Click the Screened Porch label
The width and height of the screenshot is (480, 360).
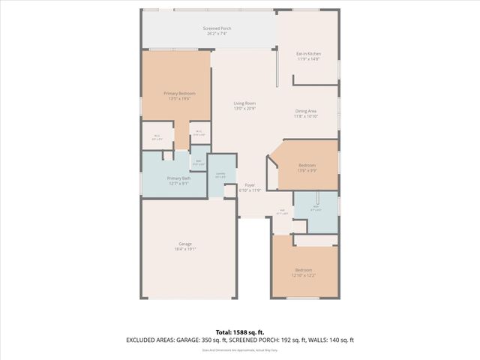[x=217, y=28]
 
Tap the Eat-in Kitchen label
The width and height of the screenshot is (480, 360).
[x=308, y=53]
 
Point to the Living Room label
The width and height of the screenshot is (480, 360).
[x=244, y=103]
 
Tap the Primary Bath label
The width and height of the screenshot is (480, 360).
[x=178, y=178]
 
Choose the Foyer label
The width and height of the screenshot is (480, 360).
[x=249, y=184]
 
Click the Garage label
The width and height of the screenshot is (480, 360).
[x=184, y=244]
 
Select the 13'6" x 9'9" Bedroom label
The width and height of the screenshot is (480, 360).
[x=307, y=165]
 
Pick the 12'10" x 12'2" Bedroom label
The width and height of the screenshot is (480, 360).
[x=303, y=269]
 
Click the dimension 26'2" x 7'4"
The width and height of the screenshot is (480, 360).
[x=217, y=34]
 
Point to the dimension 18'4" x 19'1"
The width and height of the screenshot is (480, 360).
[x=184, y=250]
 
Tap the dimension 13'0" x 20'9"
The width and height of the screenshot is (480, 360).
[x=244, y=109]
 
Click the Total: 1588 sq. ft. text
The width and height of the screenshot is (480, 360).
[x=240, y=331]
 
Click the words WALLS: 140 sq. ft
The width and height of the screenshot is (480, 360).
[x=335, y=340]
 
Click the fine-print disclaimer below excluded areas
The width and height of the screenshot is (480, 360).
[x=240, y=349]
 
